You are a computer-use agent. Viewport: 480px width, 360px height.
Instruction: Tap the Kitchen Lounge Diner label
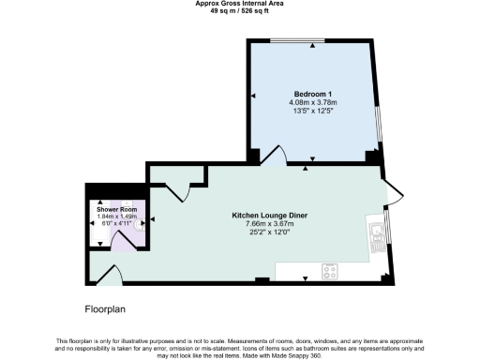(270, 216)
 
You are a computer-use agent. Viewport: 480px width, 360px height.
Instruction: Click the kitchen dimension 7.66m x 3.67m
(270, 224)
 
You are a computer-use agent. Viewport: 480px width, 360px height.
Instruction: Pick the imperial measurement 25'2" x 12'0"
(270, 232)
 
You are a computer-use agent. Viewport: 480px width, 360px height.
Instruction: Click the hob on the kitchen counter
(330, 272)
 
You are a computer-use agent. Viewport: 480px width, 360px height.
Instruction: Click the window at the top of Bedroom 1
(298, 41)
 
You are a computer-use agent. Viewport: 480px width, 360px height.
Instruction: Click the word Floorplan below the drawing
(105, 307)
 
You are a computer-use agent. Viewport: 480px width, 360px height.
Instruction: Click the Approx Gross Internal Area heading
(239, 4)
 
